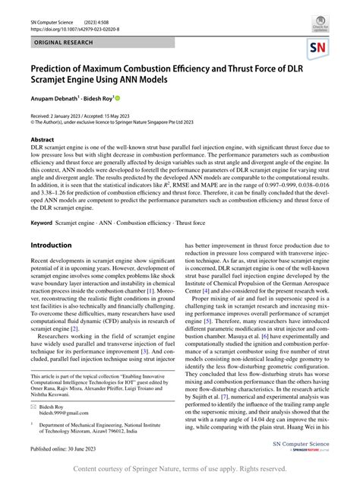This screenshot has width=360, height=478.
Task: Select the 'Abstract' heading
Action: click(42, 140)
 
